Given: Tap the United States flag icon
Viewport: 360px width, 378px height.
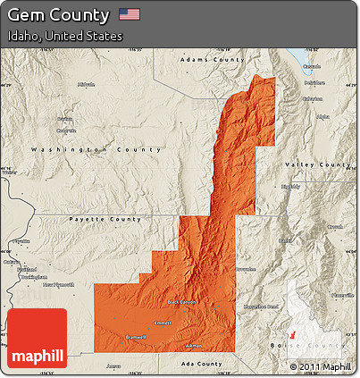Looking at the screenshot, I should [x=130, y=15].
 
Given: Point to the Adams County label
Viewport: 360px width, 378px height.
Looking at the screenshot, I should [x=212, y=59].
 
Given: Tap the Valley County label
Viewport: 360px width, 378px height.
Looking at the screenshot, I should [x=318, y=165].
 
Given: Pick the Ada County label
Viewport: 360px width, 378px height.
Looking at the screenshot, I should [x=204, y=364].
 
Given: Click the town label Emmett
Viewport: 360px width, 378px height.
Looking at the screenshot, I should [x=163, y=323].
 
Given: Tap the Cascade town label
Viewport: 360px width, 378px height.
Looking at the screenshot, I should [x=311, y=66].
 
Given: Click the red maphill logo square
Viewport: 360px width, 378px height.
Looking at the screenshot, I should [x=37, y=338].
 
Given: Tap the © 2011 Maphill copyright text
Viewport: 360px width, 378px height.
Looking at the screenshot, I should [x=320, y=366].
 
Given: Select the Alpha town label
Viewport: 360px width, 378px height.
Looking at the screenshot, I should [x=322, y=116].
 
